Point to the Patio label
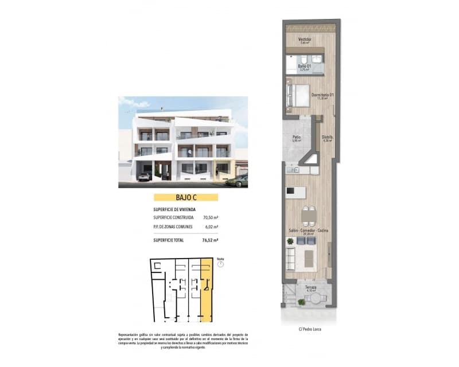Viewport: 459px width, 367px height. pos(297,137)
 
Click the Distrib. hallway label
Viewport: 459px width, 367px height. pos(327,137)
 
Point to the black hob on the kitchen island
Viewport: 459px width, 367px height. pos(290,190)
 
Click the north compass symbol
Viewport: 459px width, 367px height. pos(220,264)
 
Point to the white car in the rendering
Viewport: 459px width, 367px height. pos(145,176)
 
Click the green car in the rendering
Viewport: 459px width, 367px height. pos(237,181)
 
